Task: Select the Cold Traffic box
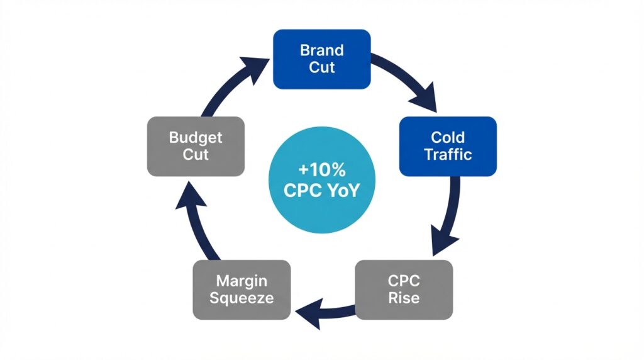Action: tap(448, 145)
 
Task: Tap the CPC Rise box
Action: tap(403, 289)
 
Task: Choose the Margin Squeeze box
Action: tap(241, 289)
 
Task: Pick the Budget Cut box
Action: tap(196, 145)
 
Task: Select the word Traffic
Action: tap(448, 154)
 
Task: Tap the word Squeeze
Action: tap(241, 298)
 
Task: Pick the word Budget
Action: tap(196, 137)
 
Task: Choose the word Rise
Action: tap(403, 298)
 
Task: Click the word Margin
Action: tap(241, 280)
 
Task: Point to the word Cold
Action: tap(448, 137)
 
